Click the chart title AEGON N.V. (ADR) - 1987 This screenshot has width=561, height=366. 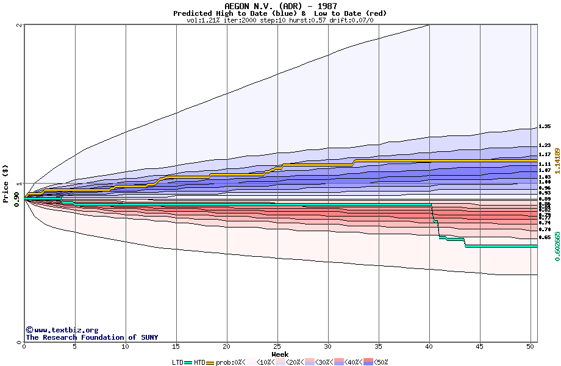tap(280, 6)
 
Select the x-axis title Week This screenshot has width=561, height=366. tap(280, 354)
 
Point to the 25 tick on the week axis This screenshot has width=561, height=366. tap(277, 347)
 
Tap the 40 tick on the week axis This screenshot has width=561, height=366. tap(429, 347)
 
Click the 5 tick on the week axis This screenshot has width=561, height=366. tap(75, 347)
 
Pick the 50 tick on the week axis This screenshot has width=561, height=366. tap(531, 347)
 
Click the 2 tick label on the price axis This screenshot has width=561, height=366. tap(20, 26)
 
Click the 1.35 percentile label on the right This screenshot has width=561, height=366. tap(545, 127)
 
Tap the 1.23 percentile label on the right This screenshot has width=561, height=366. tap(545, 146)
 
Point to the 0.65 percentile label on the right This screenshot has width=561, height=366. tap(545, 237)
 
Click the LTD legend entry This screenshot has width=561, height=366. tap(178, 362)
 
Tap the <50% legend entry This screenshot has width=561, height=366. tap(380, 362)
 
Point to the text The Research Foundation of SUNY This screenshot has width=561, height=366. tap(91, 337)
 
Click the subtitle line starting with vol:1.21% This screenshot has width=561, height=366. tap(280, 20)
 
